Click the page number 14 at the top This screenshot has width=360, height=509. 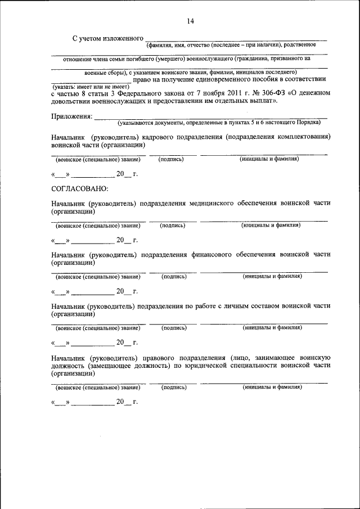190,21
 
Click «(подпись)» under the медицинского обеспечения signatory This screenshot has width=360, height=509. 173,225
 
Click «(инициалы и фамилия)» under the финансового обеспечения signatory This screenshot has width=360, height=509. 272,276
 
